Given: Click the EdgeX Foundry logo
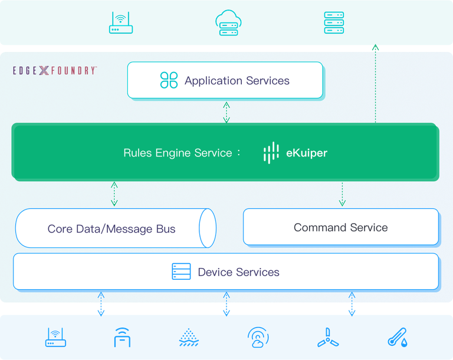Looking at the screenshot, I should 55,70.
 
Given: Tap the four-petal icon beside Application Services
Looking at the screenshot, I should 169,80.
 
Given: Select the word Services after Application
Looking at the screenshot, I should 267,81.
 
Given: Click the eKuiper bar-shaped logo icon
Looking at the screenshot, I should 271,153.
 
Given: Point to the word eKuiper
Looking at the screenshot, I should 307,153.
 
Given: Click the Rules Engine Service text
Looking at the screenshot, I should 178,153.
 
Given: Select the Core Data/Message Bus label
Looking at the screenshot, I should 111,229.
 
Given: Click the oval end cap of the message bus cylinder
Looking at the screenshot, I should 207,228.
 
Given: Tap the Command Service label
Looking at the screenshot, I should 340,227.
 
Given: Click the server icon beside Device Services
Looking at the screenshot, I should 181,271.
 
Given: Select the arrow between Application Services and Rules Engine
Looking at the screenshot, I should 226,112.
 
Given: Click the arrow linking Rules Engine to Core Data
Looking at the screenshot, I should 114,194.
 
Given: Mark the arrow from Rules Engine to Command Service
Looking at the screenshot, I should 342,194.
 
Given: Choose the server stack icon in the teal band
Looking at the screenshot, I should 333,23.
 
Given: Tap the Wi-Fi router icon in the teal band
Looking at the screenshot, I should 122,22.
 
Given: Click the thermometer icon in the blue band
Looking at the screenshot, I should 396,337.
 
